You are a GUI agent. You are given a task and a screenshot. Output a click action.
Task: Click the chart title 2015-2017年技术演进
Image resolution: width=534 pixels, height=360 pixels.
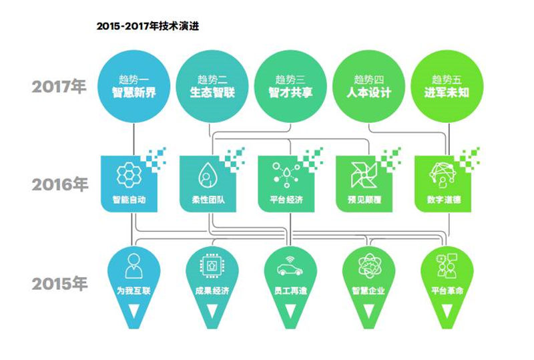pos(148,26)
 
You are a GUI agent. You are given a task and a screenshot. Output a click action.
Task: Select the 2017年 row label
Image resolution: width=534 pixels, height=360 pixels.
pos(59,86)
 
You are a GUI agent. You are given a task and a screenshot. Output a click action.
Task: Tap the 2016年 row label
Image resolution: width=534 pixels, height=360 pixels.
pos(59,184)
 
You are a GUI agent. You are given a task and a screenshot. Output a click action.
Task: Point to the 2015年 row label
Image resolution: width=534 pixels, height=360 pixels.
pos(59,284)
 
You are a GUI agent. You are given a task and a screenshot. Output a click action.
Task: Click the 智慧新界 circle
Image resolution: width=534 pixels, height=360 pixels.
pos(134,86)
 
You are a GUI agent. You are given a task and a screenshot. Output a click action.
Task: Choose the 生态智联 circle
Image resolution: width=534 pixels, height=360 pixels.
pos(212,86)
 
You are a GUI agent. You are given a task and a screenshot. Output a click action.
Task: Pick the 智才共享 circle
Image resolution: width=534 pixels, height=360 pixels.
pos(290,86)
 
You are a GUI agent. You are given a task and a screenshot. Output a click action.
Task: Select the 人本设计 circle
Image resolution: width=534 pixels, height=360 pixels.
pos(369,86)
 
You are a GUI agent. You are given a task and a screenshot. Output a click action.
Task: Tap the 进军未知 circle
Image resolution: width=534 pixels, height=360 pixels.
pos(447,86)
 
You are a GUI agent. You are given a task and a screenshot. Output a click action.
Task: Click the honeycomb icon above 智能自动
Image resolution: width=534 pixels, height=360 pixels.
pos(129,174)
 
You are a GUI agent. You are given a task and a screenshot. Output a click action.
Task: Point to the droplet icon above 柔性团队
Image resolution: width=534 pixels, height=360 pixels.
pos(206,174)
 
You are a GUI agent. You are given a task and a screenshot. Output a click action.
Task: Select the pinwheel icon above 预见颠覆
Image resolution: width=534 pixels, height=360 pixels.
pos(364,175)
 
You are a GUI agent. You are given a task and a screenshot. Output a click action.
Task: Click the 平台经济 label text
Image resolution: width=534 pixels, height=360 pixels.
pos(286,200)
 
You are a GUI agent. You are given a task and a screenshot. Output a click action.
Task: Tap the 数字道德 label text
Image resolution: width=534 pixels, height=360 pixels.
pos(444,200)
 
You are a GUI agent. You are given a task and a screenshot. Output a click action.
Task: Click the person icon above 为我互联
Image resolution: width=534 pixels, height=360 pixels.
pos(134,266)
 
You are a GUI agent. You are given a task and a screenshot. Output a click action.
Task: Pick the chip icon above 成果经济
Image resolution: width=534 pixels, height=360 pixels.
pos(212,265)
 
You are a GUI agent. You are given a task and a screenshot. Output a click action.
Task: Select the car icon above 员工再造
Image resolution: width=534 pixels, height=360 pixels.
pos(290,266)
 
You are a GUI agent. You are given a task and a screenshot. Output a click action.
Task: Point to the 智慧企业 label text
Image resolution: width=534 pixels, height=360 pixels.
pos(368,291)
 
